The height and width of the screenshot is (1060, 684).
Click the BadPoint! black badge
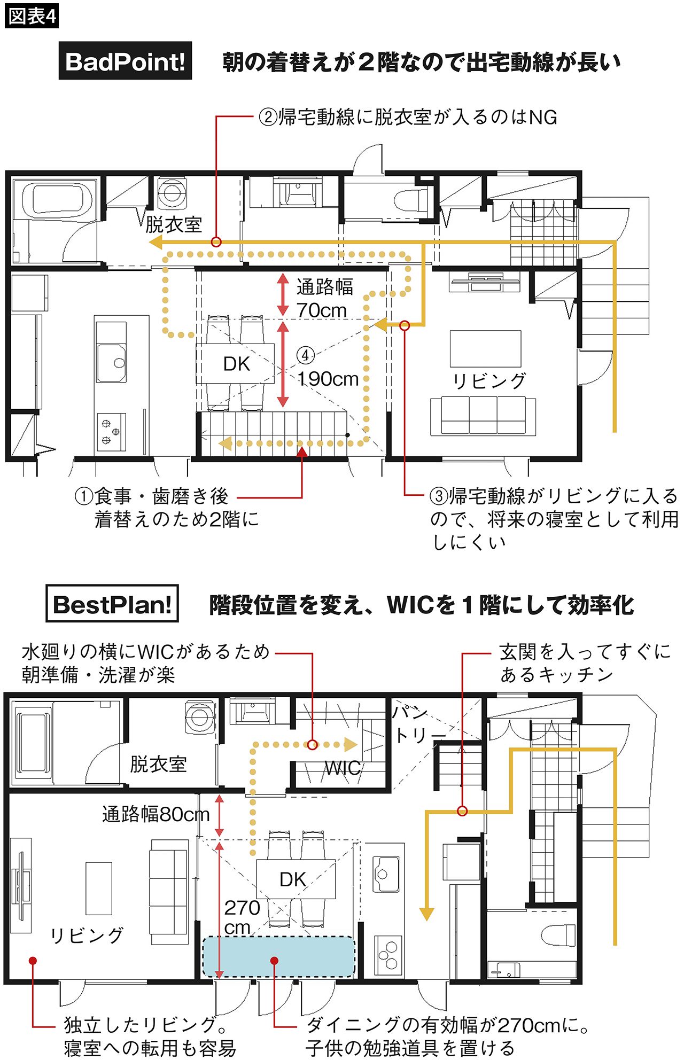click(x=125, y=61)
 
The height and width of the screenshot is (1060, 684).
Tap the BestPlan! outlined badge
click(x=112, y=604)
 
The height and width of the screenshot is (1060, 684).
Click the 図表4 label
click(x=32, y=15)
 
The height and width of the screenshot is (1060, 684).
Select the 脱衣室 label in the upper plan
click(x=174, y=224)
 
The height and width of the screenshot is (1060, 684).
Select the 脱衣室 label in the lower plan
click(x=158, y=764)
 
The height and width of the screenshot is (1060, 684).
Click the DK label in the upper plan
click(x=236, y=364)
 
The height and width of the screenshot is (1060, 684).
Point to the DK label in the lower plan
click(x=293, y=879)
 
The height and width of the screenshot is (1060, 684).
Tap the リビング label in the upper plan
click(x=489, y=381)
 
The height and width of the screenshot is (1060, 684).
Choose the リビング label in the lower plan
click(x=87, y=935)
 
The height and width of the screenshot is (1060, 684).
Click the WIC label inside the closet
click(x=343, y=768)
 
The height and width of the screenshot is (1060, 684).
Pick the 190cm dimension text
click(x=328, y=379)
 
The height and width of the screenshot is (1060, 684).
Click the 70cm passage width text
click(x=322, y=310)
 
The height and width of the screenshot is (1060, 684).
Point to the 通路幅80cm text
click(x=156, y=814)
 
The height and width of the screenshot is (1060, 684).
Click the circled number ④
click(x=306, y=355)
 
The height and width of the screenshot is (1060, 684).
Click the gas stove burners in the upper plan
click(x=111, y=432)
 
